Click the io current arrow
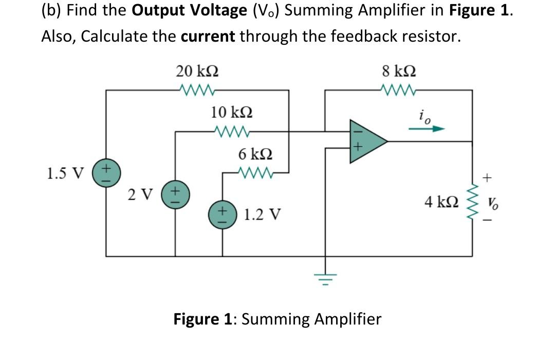click(426, 130)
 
